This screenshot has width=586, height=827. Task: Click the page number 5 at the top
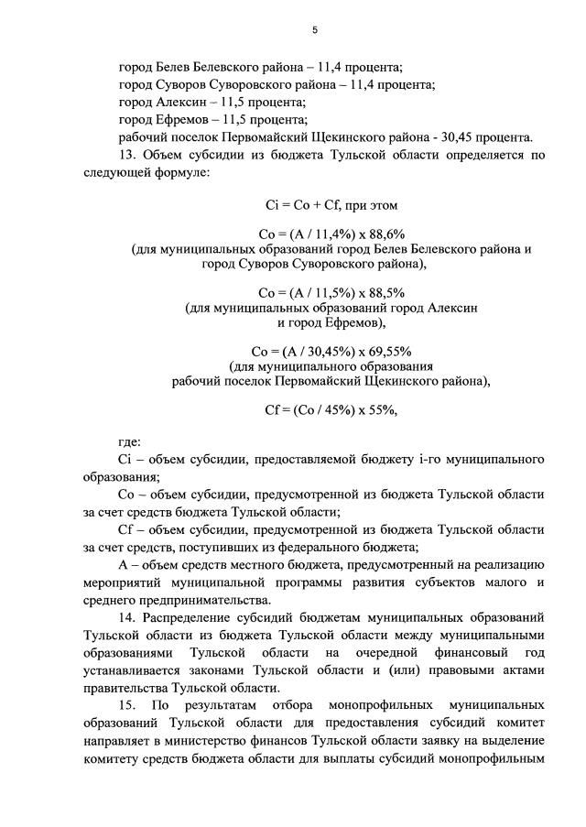pyautogui.click(x=314, y=30)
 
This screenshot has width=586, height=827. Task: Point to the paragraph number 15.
pyautogui.click(x=128, y=706)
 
